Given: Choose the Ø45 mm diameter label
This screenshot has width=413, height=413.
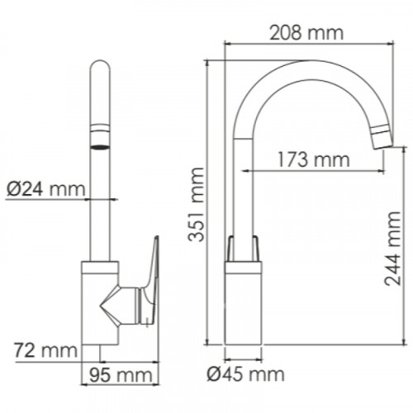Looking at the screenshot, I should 245,376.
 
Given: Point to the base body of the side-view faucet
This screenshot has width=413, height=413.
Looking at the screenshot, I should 244,306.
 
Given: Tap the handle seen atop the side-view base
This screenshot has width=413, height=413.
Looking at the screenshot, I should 244,247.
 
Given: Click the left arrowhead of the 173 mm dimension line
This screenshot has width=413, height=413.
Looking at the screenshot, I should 245,171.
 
